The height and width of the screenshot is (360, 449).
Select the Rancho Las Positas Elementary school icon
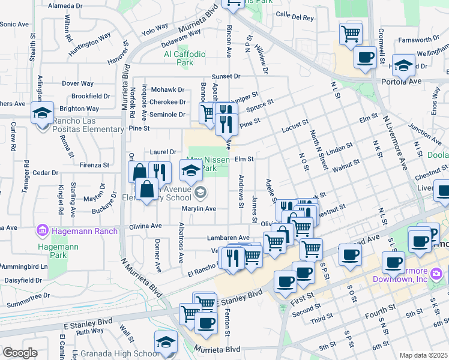point(43,113)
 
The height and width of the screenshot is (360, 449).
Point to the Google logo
point(19,353)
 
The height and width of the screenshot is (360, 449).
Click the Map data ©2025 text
point(423,355)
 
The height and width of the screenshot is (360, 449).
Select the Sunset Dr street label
point(225,76)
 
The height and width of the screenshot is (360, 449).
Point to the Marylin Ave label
point(199,208)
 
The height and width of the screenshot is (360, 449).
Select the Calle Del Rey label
point(295,17)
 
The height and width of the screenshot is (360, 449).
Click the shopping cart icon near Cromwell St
point(351,33)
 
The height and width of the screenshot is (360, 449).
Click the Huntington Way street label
point(89,44)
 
